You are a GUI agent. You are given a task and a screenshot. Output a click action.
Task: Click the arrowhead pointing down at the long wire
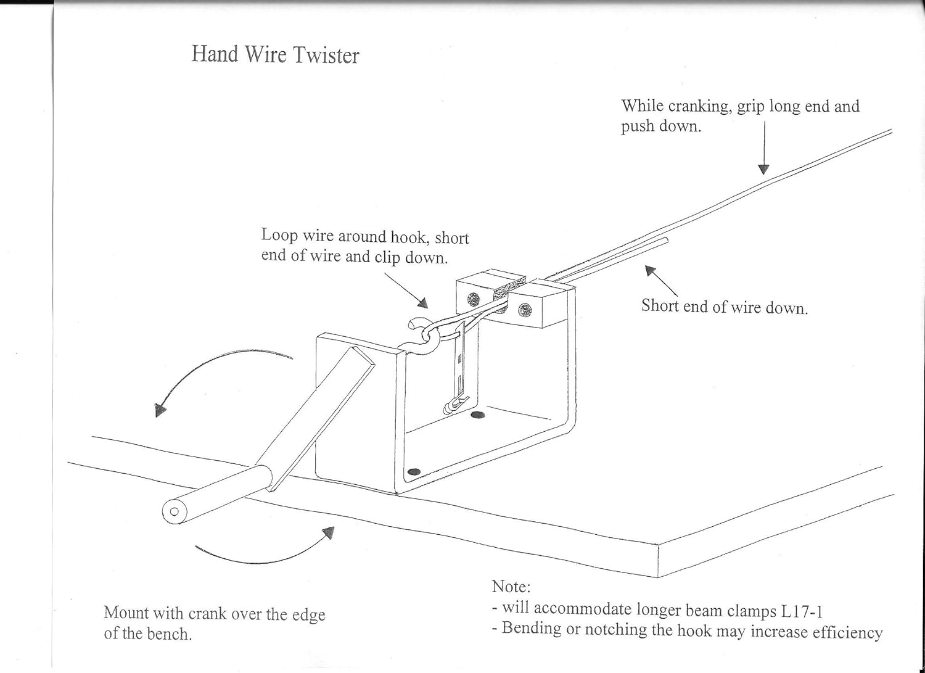[x=763, y=169]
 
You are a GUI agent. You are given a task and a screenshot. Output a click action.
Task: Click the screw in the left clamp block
[x=473, y=300]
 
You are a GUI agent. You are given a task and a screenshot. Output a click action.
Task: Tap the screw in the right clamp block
[x=525, y=309]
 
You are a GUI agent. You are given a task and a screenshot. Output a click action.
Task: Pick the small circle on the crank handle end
[x=174, y=511]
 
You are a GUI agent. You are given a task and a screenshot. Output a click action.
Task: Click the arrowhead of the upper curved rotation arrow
[x=160, y=410]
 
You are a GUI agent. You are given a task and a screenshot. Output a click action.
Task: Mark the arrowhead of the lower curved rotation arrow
[x=329, y=532]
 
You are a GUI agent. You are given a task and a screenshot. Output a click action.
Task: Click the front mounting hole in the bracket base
[x=414, y=472]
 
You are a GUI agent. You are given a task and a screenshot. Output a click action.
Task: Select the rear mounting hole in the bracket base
[x=477, y=415]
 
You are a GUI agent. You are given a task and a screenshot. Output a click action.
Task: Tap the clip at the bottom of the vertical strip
[x=450, y=405]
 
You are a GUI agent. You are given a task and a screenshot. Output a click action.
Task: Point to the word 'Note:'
[x=511, y=586]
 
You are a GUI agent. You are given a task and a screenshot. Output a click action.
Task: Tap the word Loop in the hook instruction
[x=279, y=236]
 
